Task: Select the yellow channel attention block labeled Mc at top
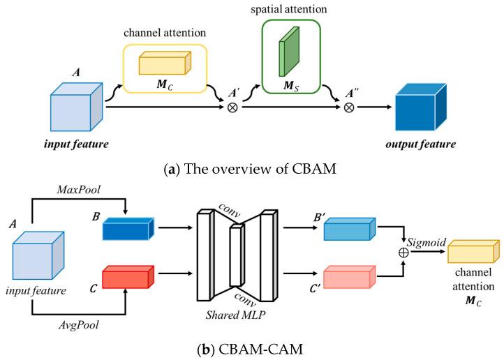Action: pos(163,65)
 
